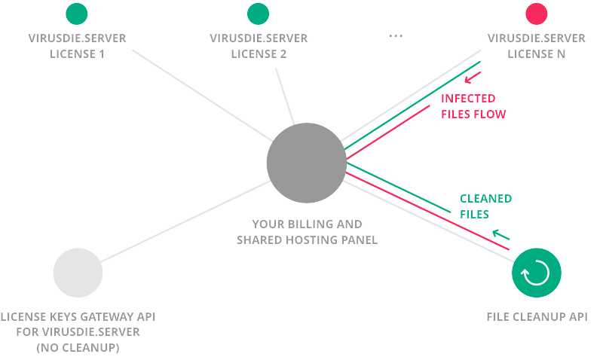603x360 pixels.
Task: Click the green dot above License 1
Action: click(x=77, y=14)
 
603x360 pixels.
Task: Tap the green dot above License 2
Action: click(x=258, y=14)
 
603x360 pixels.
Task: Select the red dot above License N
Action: click(x=537, y=14)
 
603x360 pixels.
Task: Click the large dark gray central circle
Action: click(x=307, y=163)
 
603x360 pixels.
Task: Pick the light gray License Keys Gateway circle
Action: click(x=78, y=273)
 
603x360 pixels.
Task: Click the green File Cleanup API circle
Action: click(x=537, y=273)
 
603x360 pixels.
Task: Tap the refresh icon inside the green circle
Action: click(x=535, y=273)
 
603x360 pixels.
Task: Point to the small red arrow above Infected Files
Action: click(x=473, y=78)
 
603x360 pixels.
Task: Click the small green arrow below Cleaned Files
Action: click(x=500, y=234)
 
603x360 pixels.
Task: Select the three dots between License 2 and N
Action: click(x=396, y=36)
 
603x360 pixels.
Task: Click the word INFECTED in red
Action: click(x=468, y=99)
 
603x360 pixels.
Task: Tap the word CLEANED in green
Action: click(x=485, y=199)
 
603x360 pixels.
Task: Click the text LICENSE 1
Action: click(x=78, y=54)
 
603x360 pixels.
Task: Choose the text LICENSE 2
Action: click(x=259, y=54)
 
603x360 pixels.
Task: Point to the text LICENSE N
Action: click(x=537, y=54)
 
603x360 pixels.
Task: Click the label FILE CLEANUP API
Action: click(x=537, y=317)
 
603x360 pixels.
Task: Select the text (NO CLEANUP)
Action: click(x=78, y=348)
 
